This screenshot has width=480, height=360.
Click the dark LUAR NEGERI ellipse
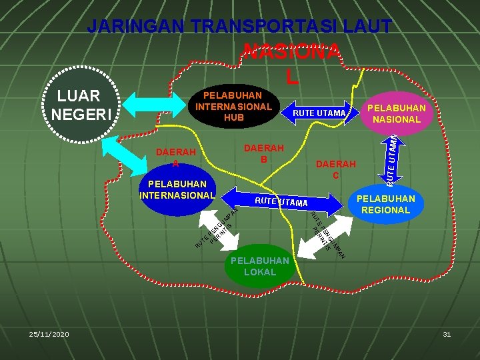pos(75,105)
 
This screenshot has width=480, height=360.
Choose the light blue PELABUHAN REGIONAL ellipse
pos(385,205)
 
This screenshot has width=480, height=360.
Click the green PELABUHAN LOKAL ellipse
pos(259,266)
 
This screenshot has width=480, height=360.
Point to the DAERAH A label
pos(176,157)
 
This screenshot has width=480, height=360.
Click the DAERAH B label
pos(264,153)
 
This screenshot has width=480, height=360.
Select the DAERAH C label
pos(336,169)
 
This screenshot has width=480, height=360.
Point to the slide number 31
pos(447,333)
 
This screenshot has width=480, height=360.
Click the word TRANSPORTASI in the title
pos(269,27)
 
